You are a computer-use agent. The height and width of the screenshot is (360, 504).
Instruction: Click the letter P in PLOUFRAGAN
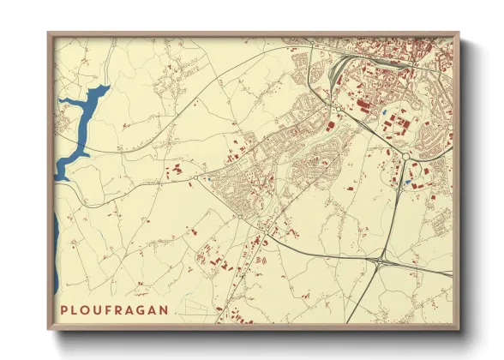tap(65, 308)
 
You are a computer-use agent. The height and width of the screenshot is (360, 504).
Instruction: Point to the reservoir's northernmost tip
tap(106, 86)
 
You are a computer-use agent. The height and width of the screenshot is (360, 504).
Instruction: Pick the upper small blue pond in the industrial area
tap(387, 111)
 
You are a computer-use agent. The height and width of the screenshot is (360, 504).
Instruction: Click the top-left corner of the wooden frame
tap(49, 33)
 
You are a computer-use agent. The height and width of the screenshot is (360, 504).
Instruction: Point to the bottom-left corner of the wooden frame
tap(49, 329)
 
